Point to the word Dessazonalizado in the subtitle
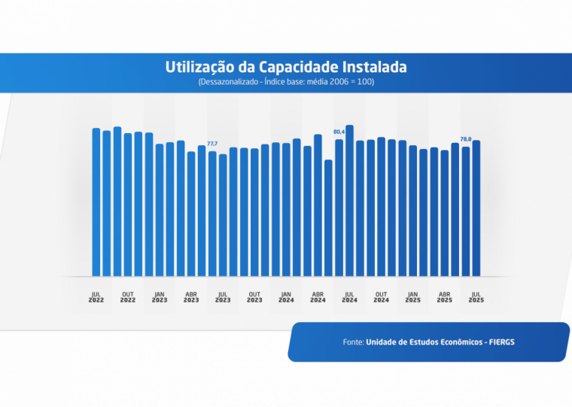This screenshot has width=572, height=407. (x=227, y=81)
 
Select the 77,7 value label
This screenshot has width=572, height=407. (x=212, y=143)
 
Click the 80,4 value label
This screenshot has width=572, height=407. (x=339, y=132)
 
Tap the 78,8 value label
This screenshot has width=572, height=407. (x=466, y=138)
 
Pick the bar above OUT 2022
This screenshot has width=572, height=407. (x=128, y=204)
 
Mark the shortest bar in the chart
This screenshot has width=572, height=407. (x=328, y=217)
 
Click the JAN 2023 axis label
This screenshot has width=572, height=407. (x=160, y=297)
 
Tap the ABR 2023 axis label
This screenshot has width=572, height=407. (x=191, y=297)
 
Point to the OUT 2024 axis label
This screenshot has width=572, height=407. (x=381, y=297)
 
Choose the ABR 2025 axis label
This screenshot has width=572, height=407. (x=445, y=297)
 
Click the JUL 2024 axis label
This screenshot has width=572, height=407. (x=349, y=297)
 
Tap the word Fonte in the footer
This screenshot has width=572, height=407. (x=353, y=342)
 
